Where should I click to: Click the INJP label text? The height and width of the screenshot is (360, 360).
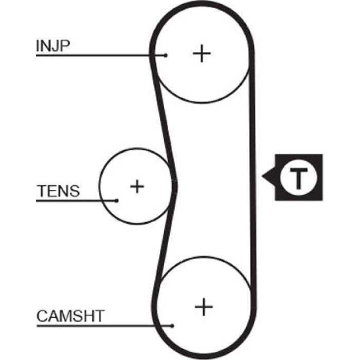click(x=53, y=46)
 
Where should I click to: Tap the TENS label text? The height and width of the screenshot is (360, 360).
click(x=58, y=191)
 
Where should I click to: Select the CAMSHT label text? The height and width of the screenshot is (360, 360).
click(x=70, y=316)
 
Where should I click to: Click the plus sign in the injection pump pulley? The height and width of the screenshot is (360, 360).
click(x=202, y=53)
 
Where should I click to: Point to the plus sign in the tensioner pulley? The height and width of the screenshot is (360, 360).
click(x=137, y=186)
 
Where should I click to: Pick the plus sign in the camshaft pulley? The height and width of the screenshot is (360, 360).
click(x=204, y=307)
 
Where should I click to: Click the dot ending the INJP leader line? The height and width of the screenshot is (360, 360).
click(x=166, y=56)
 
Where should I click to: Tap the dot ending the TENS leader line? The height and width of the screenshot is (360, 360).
click(x=116, y=201)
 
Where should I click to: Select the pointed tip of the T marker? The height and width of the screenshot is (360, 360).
click(x=262, y=176)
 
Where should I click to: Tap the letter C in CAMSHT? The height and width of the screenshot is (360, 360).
click(x=42, y=316)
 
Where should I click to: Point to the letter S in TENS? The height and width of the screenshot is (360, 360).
click(x=75, y=191)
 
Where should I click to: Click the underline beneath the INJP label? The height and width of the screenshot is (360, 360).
click(x=101, y=56)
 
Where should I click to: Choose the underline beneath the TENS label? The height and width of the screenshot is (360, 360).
click(x=76, y=201)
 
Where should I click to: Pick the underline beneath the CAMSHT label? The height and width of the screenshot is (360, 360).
click(x=104, y=326)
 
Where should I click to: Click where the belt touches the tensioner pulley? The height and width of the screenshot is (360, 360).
click(x=173, y=186)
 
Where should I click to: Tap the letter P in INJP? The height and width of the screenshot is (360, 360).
click(x=65, y=46)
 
